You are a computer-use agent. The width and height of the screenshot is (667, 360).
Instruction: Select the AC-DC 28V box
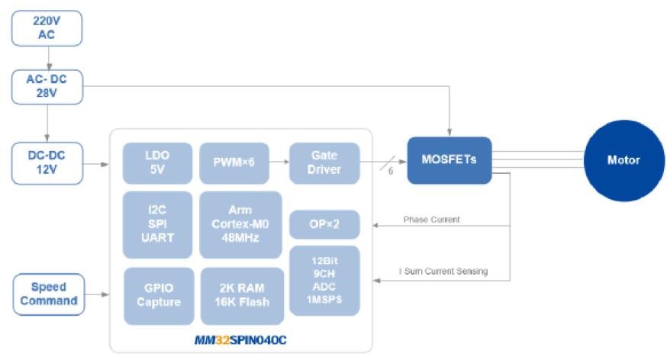(47, 86)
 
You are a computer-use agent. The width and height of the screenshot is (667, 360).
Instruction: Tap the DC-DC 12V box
(47, 162)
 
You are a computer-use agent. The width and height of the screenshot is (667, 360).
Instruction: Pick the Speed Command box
(49, 294)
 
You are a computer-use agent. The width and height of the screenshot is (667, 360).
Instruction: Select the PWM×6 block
(234, 162)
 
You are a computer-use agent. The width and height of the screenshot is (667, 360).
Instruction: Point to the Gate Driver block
(324, 162)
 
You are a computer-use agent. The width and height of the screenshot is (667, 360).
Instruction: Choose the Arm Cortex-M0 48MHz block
(240, 225)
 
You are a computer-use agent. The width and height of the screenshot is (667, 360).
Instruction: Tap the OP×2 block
(324, 224)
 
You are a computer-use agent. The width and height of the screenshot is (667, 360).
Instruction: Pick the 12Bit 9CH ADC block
(324, 281)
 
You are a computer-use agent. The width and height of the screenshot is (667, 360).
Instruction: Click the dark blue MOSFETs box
(449, 160)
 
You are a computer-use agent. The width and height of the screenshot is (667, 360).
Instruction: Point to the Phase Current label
(431, 220)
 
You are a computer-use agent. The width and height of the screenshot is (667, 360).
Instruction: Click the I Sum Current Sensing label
(443, 272)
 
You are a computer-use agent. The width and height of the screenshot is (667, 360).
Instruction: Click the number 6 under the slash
(391, 172)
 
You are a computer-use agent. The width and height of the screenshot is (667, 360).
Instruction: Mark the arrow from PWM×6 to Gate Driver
(279, 162)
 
